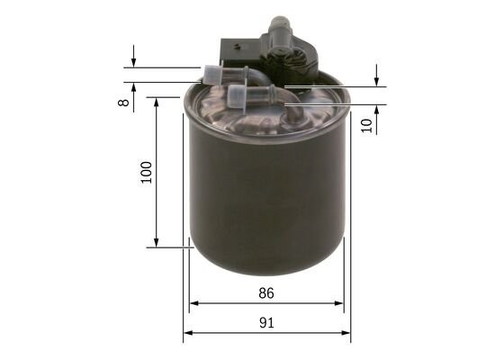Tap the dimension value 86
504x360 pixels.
pyautogui.click(x=265, y=292)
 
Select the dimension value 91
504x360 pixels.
pyautogui.click(x=265, y=323)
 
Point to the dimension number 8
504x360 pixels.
pyautogui.click(x=123, y=103)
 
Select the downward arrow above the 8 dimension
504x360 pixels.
pyautogui.click(x=133, y=62)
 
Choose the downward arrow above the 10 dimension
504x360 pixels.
pyautogui.click(x=377, y=81)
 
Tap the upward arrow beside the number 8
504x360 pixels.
pyautogui.click(x=133, y=88)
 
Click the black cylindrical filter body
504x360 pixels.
pyautogui.click(x=265, y=198)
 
